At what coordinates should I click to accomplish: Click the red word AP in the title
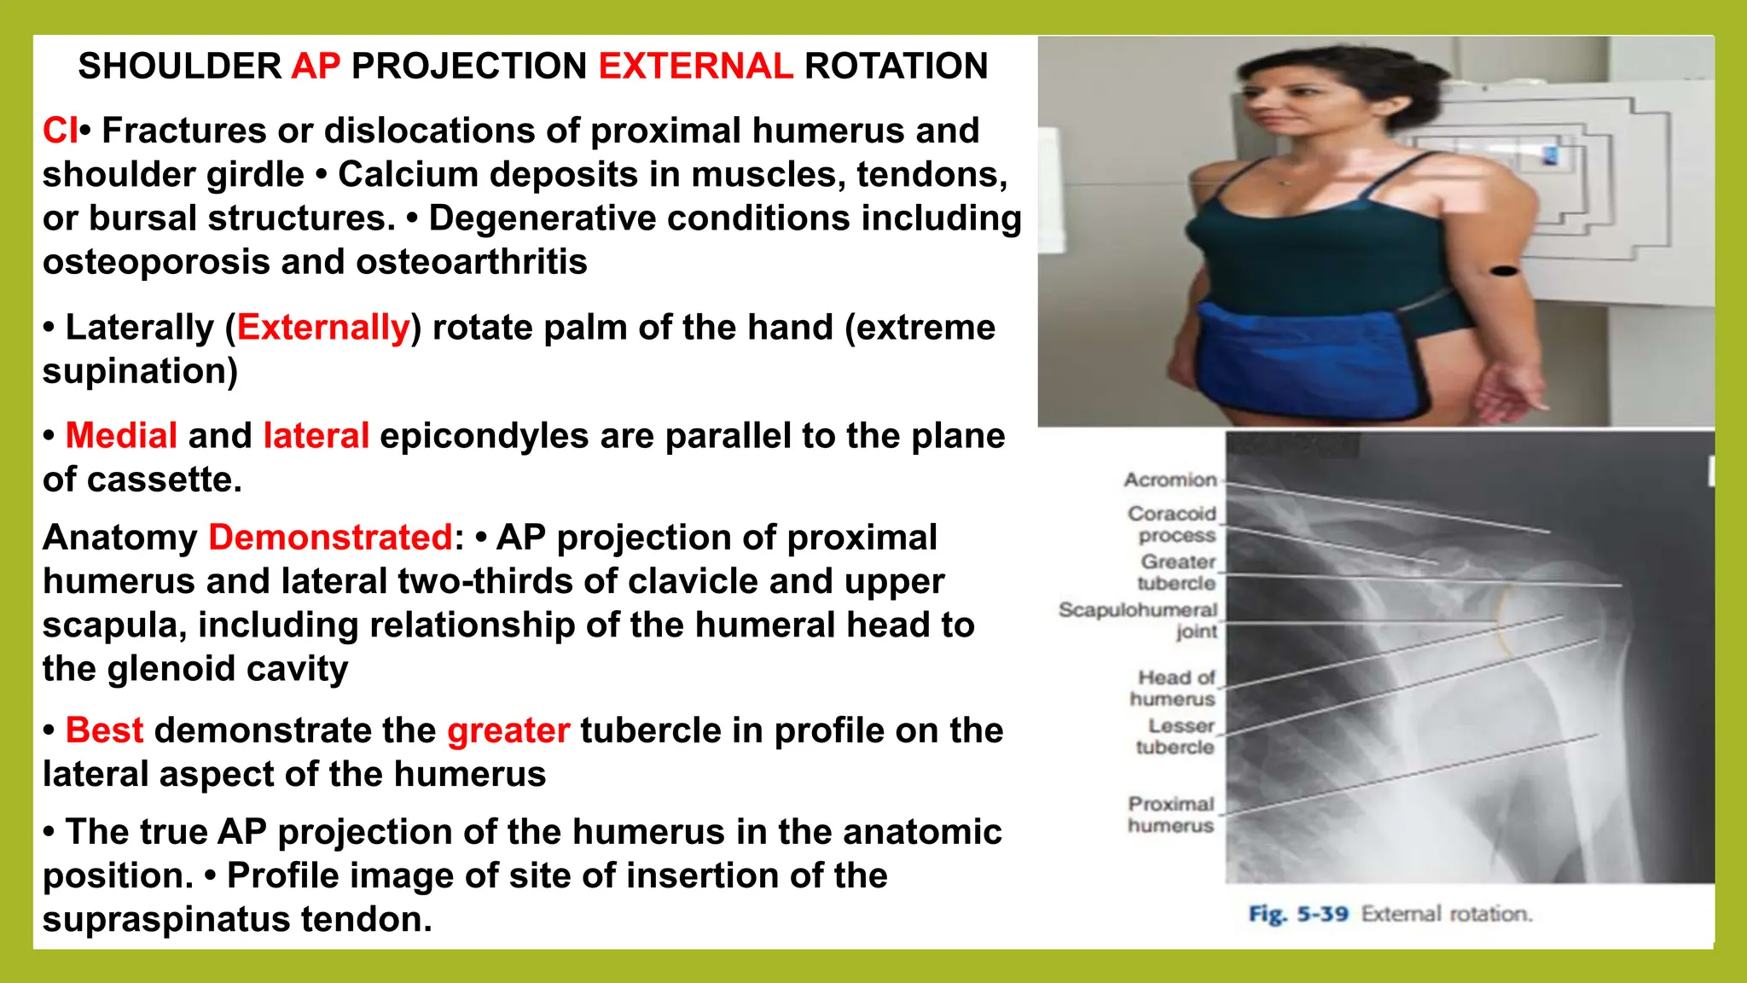point(316,67)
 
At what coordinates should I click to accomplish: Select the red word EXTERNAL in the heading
point(695,67)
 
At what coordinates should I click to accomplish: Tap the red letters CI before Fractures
point(60,131)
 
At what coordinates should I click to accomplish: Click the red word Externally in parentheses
point(323,328)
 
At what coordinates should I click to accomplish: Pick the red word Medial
point(121,436)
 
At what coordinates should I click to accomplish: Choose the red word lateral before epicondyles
point(316,436)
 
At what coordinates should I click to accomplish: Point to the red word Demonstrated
point(330,538)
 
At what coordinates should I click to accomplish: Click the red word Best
point(104,731)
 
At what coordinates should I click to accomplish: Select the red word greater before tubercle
point(508,731)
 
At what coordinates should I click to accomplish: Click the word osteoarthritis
point(471,262)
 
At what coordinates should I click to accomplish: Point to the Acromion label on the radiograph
point(1170,480)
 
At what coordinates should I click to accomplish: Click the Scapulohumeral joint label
point(1139,620)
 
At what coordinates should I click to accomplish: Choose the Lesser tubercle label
point(1176,736)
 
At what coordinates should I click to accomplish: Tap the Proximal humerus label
point(1171,815)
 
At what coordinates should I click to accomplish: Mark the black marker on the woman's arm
point(1504,271)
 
